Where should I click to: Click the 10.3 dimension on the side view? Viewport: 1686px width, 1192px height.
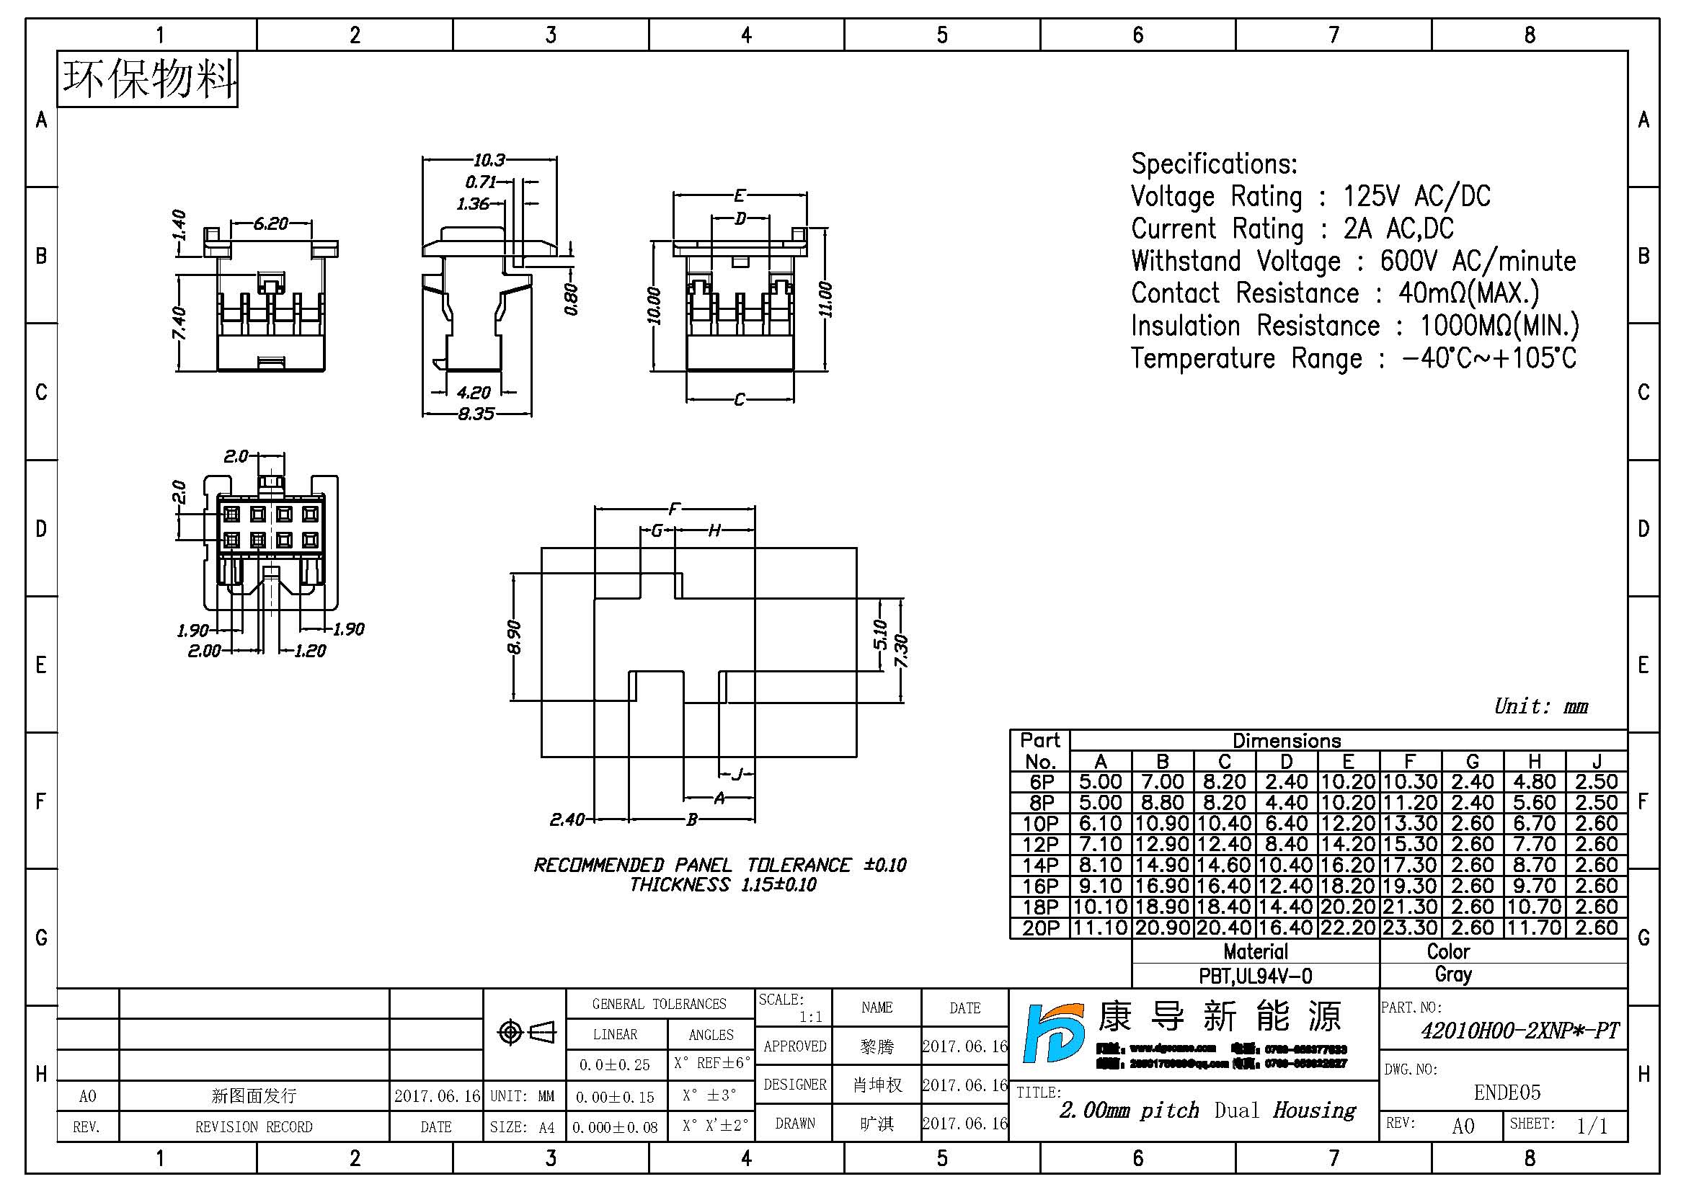click(489, 159)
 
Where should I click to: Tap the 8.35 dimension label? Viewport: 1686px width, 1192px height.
click(476, 414)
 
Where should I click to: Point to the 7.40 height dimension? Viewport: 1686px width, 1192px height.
click(179, 324)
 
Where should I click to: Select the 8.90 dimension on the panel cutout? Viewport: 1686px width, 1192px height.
click(514, 636)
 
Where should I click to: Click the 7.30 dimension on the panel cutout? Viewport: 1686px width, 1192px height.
click(902, 651)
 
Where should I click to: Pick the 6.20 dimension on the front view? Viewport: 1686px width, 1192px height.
click(271, 223)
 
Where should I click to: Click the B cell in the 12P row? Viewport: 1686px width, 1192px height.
click(1162, 844)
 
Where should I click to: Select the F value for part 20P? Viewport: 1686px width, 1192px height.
click(1409, 928)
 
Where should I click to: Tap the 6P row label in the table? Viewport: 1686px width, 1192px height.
click(1041, 782)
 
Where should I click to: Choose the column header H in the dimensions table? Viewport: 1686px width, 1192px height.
click(1534, 761)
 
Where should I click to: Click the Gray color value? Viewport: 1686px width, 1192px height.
click(1453, 975)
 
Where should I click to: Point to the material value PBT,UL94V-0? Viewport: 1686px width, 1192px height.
click(1255, 976)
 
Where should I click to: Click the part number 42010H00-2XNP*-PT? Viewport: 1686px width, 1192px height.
click(1519, 1031)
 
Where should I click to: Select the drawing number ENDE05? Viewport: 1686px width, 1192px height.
click(1507, 1092)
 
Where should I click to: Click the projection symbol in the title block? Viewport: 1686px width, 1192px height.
click(525, 1033)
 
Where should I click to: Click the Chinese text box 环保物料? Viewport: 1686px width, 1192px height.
click(148, 79)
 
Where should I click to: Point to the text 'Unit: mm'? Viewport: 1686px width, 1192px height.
click(1540, 706)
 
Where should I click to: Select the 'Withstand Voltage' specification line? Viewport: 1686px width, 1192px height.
click(1352, 261)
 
